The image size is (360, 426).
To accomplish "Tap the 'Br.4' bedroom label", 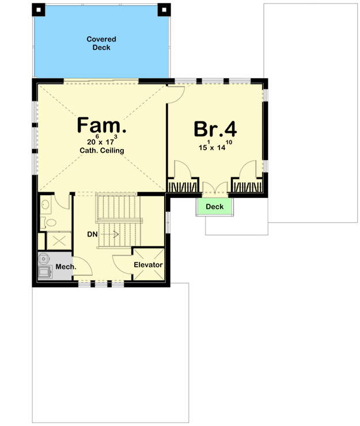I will point(215,128).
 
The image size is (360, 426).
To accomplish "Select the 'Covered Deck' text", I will point(101,43).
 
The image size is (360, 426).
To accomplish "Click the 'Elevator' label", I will point(149,265).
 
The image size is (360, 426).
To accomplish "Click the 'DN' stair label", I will point(92,234).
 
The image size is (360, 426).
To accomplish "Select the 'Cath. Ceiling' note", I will point(101,151).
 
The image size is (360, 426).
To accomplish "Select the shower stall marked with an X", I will point(55,241).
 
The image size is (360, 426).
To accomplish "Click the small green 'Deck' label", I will point(215,207).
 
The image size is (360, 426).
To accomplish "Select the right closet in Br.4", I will point(247,185).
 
